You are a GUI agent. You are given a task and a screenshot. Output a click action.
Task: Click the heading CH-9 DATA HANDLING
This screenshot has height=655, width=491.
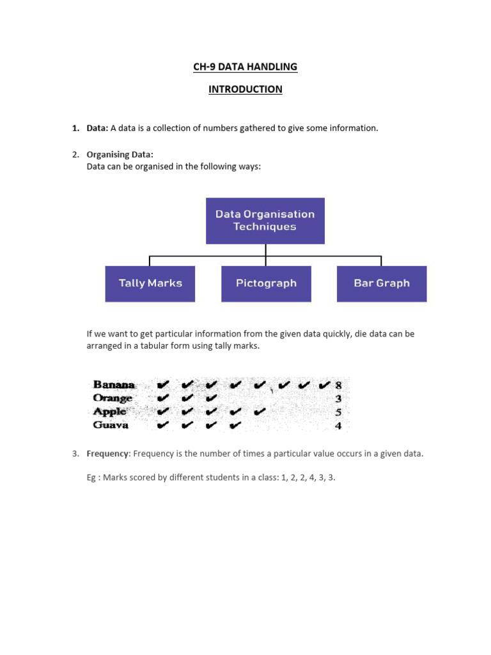[x=245, y=67]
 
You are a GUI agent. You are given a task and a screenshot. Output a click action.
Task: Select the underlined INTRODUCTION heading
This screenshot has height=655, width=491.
[x=245, y=90]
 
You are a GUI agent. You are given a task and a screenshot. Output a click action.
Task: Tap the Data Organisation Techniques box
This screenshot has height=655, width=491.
[x=265, y=221]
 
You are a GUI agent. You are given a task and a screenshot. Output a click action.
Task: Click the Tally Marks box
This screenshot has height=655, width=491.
[x=150, y=283]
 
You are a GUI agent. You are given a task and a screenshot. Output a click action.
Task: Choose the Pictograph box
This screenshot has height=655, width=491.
[x=266, y=283]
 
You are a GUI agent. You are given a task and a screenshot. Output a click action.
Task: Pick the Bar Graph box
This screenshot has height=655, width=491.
[x=382, y=283]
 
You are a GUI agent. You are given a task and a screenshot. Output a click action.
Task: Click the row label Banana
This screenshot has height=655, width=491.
[x=114, y=385]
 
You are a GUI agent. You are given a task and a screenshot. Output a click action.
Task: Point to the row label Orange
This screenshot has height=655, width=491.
[x=113, y=399]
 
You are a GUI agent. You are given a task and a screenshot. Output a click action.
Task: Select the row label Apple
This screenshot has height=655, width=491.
[x=110, y=412]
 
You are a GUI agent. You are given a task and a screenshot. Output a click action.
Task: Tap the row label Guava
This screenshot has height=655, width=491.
[x=111, y=425]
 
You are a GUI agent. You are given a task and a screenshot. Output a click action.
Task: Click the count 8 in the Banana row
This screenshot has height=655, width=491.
[x=339, y=385]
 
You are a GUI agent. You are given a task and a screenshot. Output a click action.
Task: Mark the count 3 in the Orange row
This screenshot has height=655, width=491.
[x=339, y=399]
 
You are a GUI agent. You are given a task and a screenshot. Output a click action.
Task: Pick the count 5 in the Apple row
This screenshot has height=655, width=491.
[x=339, y=412]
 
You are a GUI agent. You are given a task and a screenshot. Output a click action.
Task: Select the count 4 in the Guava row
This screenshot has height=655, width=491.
[x=339, y=425]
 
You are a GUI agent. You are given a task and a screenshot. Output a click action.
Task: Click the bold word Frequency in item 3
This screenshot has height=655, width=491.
[x=108, y=454]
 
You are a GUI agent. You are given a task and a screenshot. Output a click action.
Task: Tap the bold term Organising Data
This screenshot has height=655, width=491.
[x=120, y=154]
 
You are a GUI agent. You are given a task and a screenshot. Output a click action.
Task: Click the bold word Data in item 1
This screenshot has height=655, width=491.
[x=97, y=128]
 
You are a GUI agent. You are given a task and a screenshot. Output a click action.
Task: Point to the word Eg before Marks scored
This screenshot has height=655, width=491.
[x=92, y=477]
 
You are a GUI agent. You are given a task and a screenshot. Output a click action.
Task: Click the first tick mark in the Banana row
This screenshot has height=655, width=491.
[x=162, y=385]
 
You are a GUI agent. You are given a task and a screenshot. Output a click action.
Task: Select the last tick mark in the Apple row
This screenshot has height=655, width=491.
[x=260, y=412]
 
